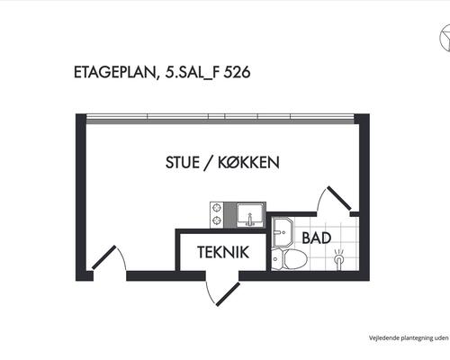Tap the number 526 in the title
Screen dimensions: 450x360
pos(237,72)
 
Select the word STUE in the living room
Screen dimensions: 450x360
pos(183,163)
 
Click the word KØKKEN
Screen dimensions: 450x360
pos(248,163)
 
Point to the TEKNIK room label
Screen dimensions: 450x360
pos(223,252)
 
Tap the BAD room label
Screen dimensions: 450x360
pos(317,238)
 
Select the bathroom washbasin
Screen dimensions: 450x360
pos(283,232)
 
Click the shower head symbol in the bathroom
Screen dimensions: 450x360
pos(339,258)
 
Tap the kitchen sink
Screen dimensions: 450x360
pos(250,215)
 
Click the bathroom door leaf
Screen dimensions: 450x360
pos(339,198)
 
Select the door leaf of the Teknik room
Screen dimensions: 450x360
pos(228,294)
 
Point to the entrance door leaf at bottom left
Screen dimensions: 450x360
pos(103,257)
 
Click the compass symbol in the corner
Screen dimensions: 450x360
pos(445,39)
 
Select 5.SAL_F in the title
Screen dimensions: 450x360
pos(193,73)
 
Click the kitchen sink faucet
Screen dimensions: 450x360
pos(249,220)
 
